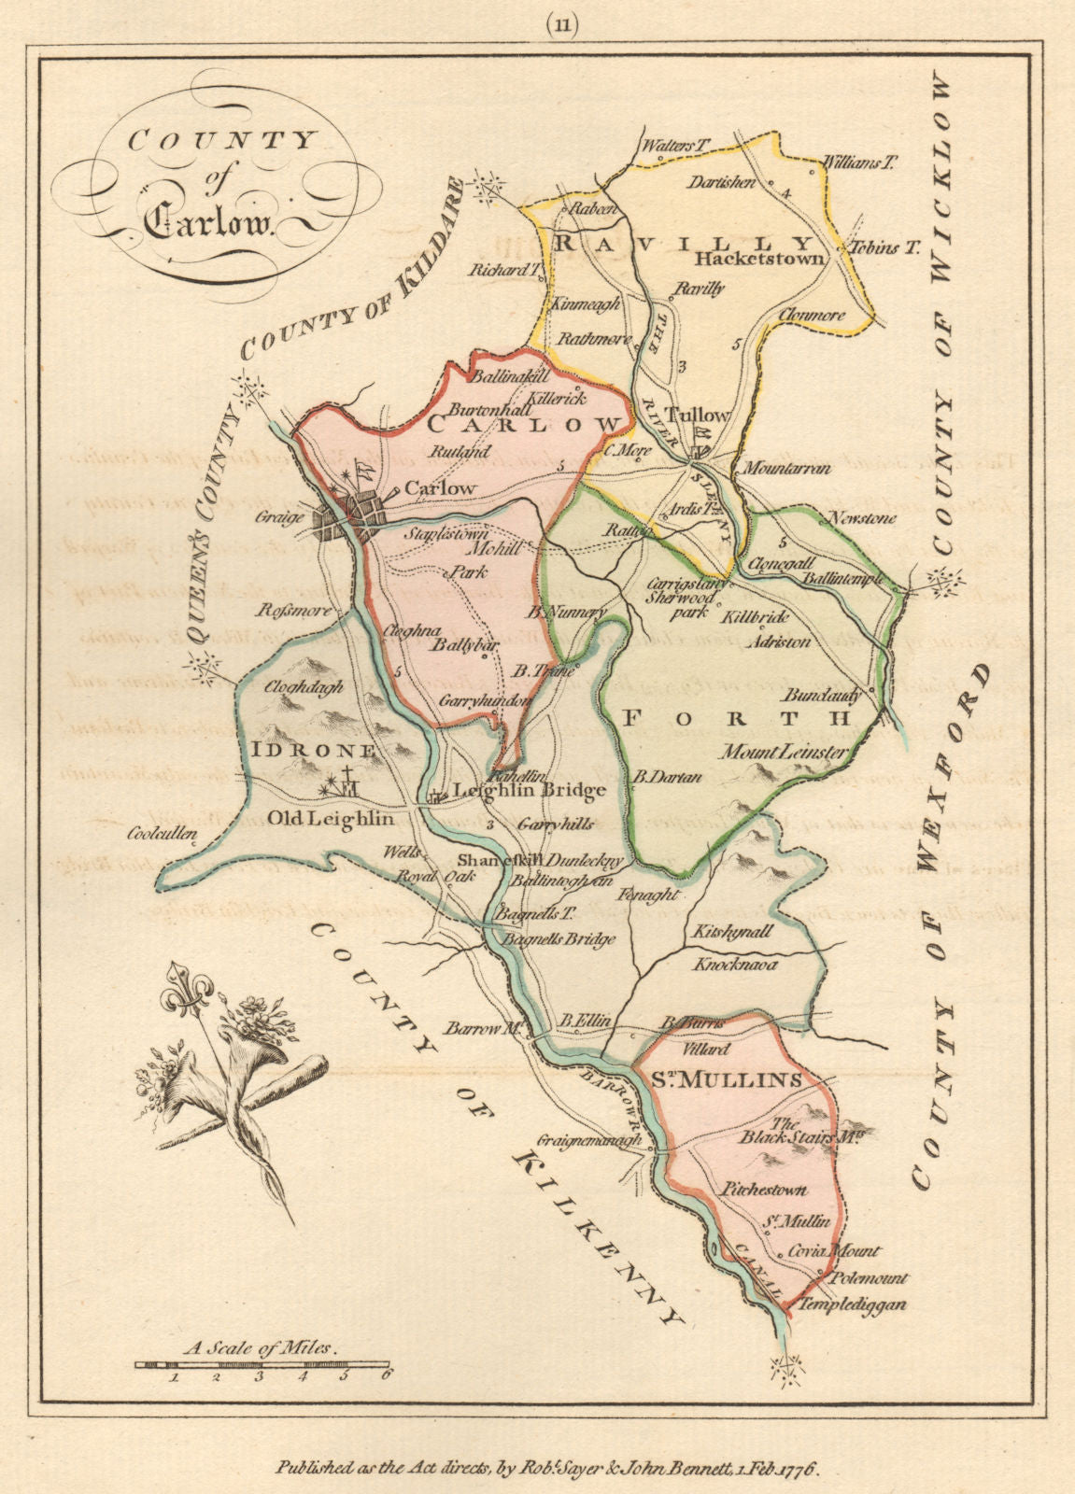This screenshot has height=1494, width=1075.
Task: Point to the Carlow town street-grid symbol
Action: tap(350, 516)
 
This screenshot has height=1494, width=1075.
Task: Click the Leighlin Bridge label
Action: tap(530, 791)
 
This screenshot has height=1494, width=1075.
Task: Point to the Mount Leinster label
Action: tap(784, 751)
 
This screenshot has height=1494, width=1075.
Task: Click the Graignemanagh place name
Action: tap(589, 1140)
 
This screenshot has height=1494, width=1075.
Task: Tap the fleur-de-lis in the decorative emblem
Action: tap(185, 999)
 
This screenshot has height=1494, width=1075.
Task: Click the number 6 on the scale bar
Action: tap(385, 1373)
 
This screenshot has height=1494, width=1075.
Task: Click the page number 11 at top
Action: tap(538, 25)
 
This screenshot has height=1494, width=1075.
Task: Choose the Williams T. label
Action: tap(858, 162)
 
